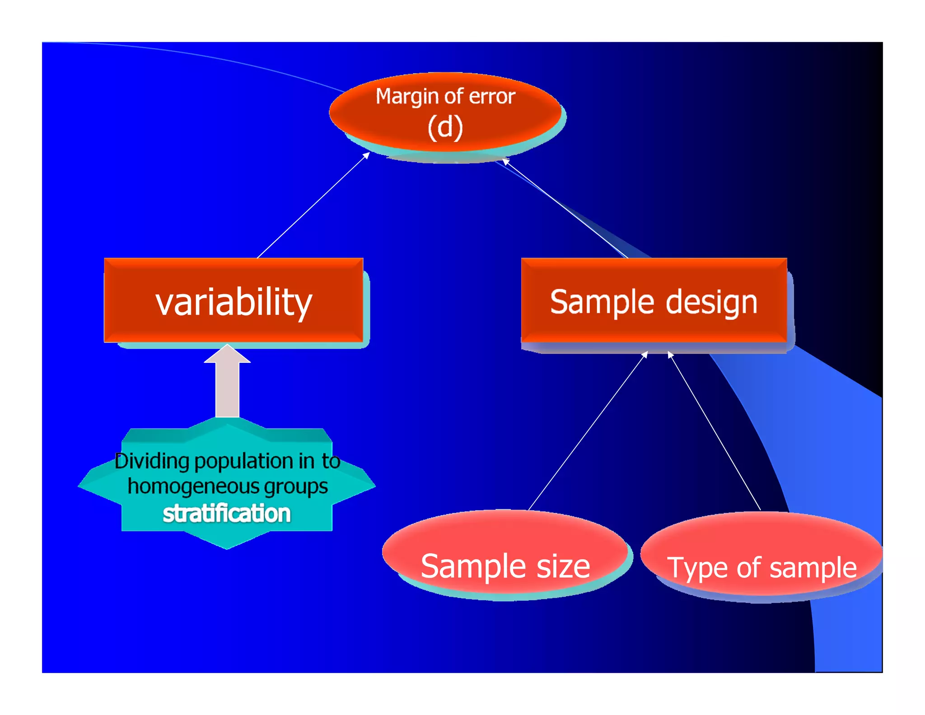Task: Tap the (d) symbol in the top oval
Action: click(x=445, y=127)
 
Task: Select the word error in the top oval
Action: click(x=492, y=97)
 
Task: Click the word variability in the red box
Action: click(x=234, y=302)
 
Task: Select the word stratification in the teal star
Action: click(x=227, y=513)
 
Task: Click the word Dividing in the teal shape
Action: click(x=152, y=461)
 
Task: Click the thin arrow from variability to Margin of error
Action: click(x=313, y=205)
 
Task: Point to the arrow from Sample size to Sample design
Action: click(x=588, y=431)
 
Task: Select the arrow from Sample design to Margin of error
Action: click(x=565, y=208)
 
